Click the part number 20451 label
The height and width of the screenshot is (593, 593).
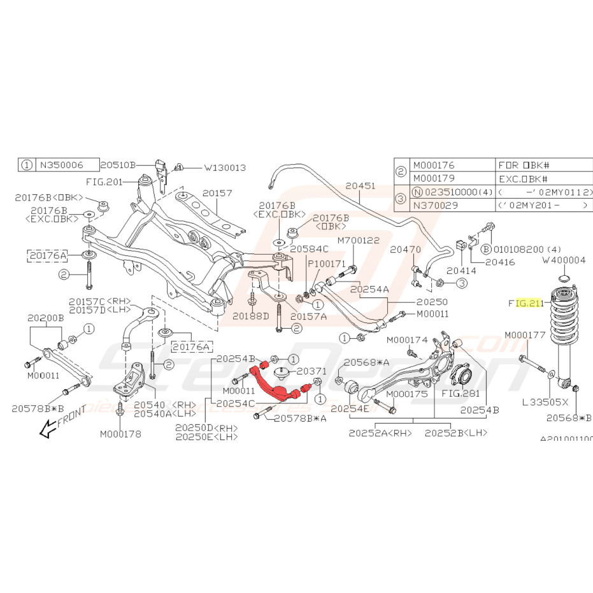360,187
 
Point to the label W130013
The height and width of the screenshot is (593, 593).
225,168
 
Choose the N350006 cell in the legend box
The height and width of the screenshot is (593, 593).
60,164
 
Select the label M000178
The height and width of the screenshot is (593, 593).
120,434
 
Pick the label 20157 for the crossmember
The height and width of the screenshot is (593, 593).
217,192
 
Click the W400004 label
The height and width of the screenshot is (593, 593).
563,260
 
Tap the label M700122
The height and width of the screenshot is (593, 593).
358,240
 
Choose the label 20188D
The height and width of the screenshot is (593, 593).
251,315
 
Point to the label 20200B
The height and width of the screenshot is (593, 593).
46,317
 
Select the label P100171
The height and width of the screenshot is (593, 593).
326,263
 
